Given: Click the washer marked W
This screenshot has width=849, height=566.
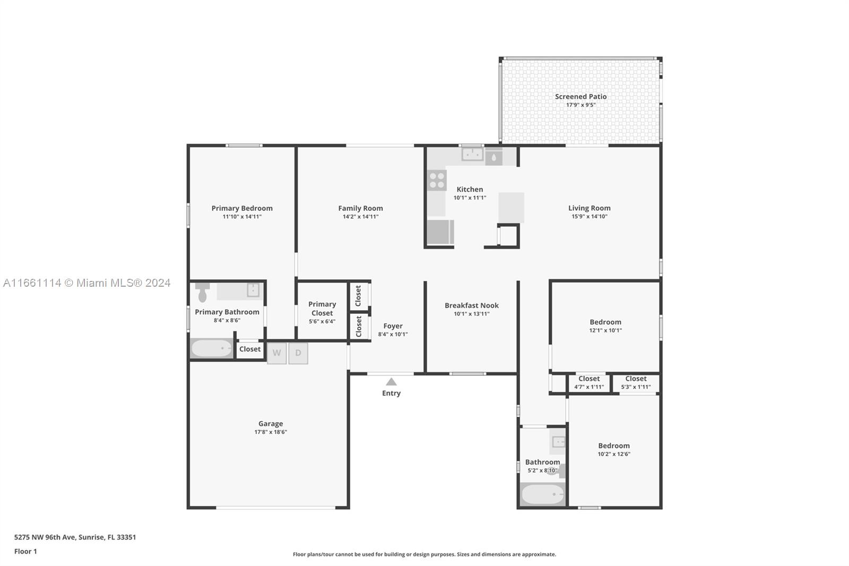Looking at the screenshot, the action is tap(276, 353).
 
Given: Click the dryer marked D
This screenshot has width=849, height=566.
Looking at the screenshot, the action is tap(298, 353).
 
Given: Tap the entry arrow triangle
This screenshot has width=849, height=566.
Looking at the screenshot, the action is tap(391, 382).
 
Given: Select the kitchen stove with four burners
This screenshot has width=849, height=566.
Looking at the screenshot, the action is tap(437, 180).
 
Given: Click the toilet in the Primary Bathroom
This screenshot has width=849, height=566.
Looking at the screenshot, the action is tap(202, 291).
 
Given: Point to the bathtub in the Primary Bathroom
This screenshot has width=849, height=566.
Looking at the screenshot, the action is tap(212, 348).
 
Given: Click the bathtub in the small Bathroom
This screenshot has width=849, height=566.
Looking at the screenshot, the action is tap(542, 494).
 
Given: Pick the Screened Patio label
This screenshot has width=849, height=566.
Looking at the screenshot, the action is tap(581, 97).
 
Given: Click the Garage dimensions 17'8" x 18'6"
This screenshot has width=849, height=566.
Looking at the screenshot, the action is tap(271, 432).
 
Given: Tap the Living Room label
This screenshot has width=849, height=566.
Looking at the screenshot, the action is tap(590, 208).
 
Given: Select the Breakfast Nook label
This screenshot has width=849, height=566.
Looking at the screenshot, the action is tap(472, 305).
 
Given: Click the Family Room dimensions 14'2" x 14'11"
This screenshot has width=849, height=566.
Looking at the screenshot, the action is tap(360, 217).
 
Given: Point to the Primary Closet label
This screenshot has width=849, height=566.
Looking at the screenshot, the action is tap(322, 308).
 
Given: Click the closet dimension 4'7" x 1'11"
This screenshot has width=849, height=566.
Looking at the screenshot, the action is tap(589, 387).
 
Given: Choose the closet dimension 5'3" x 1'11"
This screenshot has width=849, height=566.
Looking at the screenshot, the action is tap(636, 387).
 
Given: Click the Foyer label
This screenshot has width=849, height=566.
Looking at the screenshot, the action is tap(393, 326).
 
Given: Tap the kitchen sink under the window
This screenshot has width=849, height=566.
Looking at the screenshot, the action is tap(472, 154).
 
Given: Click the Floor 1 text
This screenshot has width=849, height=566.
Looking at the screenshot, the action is tap(25, 551).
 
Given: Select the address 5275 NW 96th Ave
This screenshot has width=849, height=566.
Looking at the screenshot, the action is tap(45, 537).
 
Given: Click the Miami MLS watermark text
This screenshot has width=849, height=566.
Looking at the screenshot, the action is tap(87, 283).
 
